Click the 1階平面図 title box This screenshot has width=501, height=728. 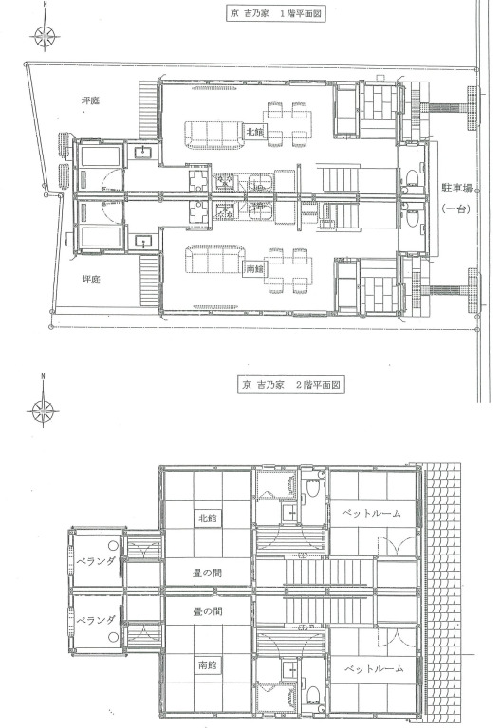click(275, 13)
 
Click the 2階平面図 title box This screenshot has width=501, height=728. click(291, 385)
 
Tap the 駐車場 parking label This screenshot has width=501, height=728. click(456, 189)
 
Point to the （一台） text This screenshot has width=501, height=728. click(456, 209)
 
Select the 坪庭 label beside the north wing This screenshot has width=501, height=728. click(90, 100)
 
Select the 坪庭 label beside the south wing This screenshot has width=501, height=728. click(91, 280)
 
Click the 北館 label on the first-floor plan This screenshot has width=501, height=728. click(255, 133)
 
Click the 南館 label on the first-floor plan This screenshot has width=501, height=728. click(253, 268)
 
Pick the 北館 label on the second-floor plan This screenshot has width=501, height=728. click(208, 519)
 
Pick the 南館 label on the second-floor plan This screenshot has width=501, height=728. click(208, 664)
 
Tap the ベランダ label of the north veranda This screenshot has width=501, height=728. click(95, 561)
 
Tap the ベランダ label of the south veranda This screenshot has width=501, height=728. click(95, 620)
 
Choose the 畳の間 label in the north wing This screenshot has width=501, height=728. click(207, 573)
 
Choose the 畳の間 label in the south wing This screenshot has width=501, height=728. click(207, 611)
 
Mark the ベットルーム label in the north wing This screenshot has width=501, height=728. click(372, 513)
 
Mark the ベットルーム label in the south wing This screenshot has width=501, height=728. click(374, 668)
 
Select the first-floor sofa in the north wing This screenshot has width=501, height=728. click(214, 135)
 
